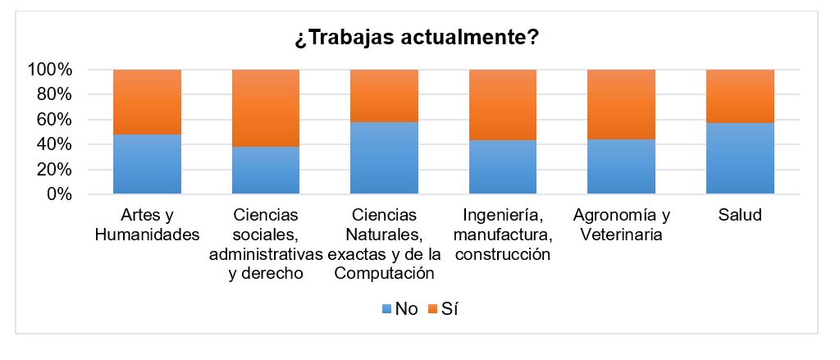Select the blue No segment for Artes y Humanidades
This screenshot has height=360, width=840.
[x=147, y=164]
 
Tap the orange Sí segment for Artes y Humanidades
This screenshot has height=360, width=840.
[x=147, y=102]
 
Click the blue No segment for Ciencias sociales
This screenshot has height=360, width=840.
[x=266, y=171]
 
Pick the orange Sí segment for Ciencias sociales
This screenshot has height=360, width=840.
[x=266, y=108]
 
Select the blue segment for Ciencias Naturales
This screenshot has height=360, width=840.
[x=385, y=158]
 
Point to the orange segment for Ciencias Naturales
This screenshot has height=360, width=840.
[x=385, y=96]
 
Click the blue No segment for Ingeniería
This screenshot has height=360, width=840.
[x=503, y=167]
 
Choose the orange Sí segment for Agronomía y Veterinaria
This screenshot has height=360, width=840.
[x=622, y=104]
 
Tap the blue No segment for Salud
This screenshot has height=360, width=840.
[x=740, y=158]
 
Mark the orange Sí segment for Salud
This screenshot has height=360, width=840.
[x=740, y=96]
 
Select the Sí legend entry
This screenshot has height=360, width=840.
[x=448, y=309]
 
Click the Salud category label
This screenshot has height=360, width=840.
[x=740, y=216]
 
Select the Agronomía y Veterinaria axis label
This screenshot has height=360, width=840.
[x=622, y=225]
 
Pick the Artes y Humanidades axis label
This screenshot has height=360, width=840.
[x=147, y=225]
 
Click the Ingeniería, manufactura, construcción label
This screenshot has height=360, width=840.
[x=503, y=235]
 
